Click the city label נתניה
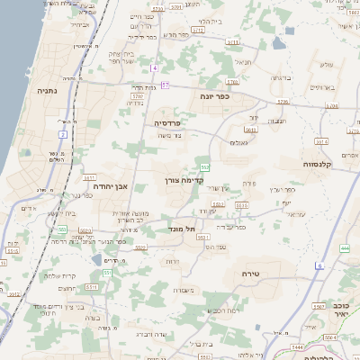[48, 91]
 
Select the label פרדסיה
[168, 122]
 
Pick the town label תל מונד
[184, 229]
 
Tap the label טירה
[249, 271]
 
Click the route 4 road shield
[155, 68]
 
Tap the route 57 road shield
[165, 85]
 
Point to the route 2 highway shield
[63, 134]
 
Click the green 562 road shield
[205, 166]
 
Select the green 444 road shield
[345, 247]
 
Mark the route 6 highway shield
[319, 265]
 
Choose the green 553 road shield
[62, 230]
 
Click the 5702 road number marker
[138, 94]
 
